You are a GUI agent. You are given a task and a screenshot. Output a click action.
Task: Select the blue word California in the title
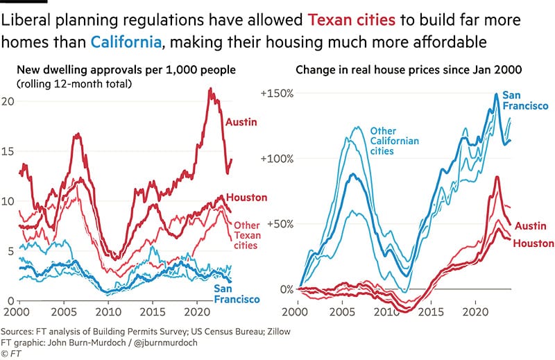click(126, 42)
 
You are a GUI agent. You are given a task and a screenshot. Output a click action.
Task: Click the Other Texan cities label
click(246, 235)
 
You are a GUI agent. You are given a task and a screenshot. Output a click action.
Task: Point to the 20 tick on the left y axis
click(8, 101)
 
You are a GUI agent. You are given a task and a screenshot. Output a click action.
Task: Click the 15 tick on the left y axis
click(8, 151)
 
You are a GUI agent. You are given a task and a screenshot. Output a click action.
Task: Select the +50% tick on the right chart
click(280, 223)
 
